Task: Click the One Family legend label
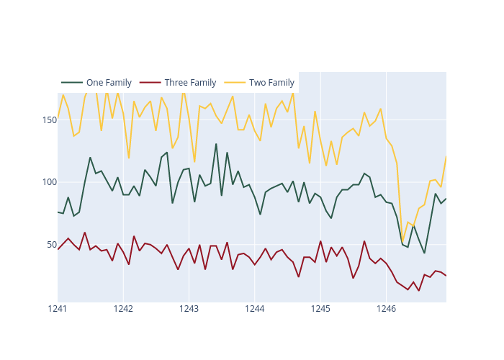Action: (x=109, y=83)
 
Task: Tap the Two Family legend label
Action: (x=271, y=83)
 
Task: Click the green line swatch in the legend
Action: (x=72, y=83)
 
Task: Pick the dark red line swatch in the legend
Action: (x=150, y=83)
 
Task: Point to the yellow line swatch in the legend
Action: (x=235, y=83)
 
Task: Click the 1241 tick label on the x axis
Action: (x=58, y=309)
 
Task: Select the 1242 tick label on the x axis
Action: (x=123, y=309)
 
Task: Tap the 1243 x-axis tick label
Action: (x=189, y=309)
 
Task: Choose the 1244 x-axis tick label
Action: (x=255, y=309)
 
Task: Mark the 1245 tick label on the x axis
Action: (x=320, y=309)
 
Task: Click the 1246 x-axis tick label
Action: (x=387, y=309)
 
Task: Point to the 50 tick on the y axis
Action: (x=48, y=244)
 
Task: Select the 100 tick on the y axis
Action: (x=45, y=181)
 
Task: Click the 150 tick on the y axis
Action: (x=45, y=120)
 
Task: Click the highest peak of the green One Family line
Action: (x=216, y=144)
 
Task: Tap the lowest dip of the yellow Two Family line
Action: (x=402, y=242)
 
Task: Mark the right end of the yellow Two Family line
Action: (x=446, y=156)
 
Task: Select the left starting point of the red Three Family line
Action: (x=58, y=249)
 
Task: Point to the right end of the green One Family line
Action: (x=446, y=198)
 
